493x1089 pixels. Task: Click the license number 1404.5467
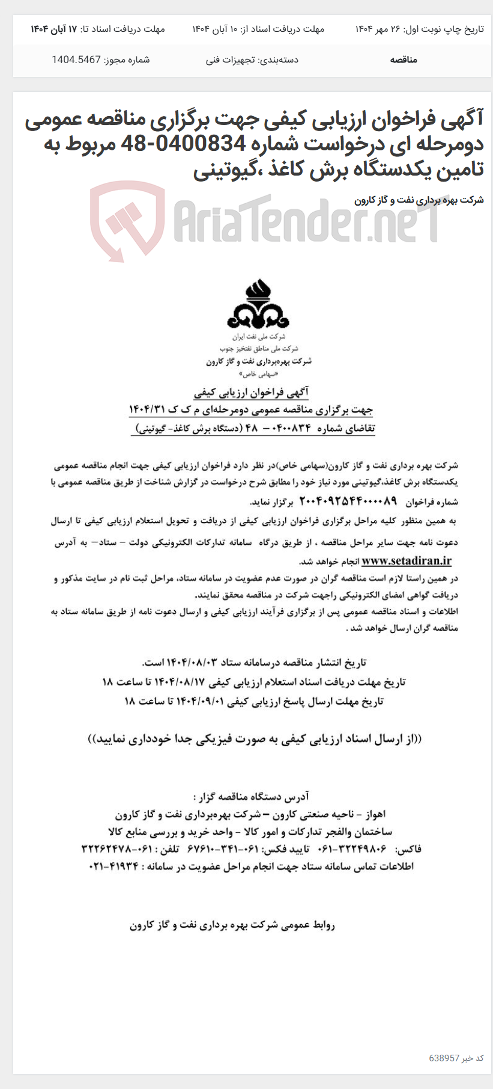click(x=76, y=60)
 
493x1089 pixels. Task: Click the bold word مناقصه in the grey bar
click(x=404, y=60)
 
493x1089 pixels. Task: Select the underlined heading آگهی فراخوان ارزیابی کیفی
click(x=251, y=393)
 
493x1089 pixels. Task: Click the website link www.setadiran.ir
click(x=407, y=561)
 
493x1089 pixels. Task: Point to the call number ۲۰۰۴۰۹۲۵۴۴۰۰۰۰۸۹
click(x=348, y=501)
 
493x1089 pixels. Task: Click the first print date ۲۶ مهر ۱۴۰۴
click(x=377, y=29)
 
